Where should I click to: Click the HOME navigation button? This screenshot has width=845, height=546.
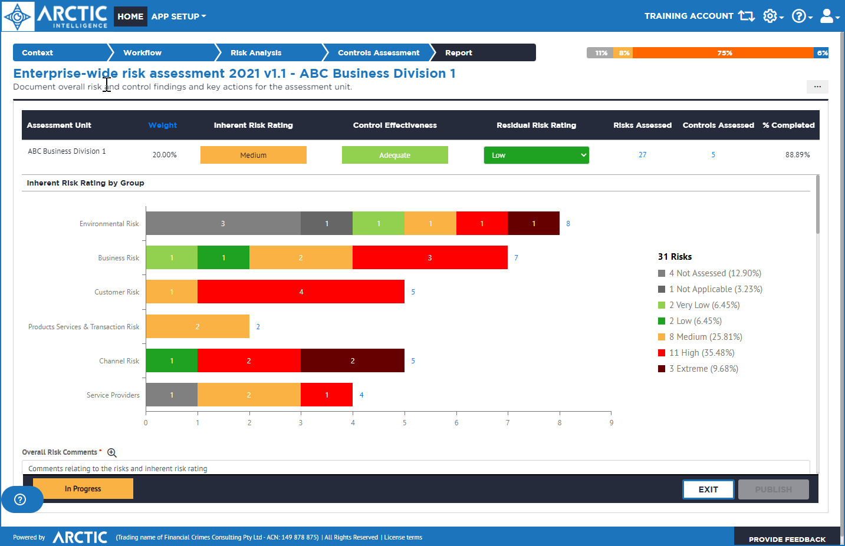tap(130, 16)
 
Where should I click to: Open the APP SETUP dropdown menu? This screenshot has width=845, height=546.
tap(178, 16)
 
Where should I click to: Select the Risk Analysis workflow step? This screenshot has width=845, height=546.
tap(256, 53)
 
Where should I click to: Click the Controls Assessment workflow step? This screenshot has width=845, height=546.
tap(378, 53)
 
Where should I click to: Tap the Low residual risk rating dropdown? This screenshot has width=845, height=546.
tap(536, 155)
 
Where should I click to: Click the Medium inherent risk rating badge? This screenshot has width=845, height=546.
tap(253, 155)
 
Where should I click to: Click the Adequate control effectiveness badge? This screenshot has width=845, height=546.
tap(394, 155)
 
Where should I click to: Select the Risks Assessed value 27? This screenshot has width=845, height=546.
tap(642, 155)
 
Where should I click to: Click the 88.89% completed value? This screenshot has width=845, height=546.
tap(797, 155)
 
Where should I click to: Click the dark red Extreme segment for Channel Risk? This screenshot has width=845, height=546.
tap(353, 361)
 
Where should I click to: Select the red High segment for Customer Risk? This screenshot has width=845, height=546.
tap(301, 292)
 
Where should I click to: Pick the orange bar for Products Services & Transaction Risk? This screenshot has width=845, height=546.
tap(198, 327)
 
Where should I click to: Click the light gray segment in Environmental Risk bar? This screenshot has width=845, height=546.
tap(223, 224)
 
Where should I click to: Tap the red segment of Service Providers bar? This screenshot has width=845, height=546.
tap(327, 395)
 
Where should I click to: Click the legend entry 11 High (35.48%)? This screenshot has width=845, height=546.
tap(701, 353)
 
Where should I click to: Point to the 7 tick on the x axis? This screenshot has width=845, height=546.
tap(508, 423)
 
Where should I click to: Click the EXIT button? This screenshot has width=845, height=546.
tap(708, 489)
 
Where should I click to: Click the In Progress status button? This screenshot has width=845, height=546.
tap(83, 489)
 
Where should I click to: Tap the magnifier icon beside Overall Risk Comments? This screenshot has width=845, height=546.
tap(112, 453)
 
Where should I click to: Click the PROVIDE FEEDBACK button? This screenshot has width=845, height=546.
tap(787, 539)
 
